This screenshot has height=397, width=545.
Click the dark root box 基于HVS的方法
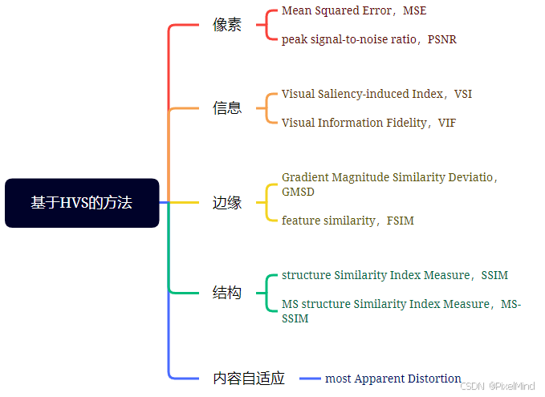coord(82,203)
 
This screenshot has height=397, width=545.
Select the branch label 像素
coord(227,25)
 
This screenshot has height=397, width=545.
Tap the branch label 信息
coord(227,108)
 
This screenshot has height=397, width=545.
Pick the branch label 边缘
coord(227,203)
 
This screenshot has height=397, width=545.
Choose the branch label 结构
coord(227,293)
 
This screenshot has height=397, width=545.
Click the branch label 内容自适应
coord(249,379)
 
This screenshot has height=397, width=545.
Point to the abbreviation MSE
coord(416,11)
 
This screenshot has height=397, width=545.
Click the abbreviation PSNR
coord(442,39)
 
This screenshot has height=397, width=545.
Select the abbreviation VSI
coord(463,94)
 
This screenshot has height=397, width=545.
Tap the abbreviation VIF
coord(447,123)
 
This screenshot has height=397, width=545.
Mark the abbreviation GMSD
coord(298,192)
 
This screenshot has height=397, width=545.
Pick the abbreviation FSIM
coord(401,221)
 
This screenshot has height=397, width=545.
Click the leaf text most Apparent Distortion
coord(393,379)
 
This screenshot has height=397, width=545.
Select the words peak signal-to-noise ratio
coord(349,39)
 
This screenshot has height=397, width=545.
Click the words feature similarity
coord(328,221)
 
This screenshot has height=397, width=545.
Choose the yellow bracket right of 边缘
coord(267,203)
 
